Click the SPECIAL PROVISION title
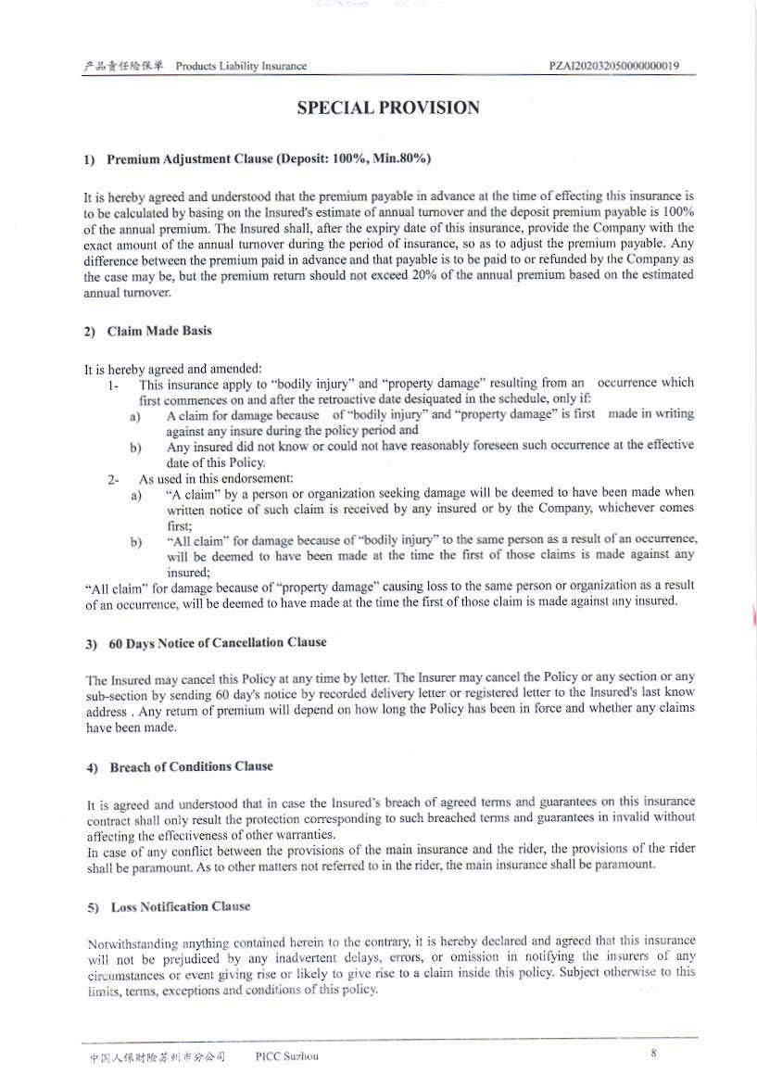[x=387, y=108]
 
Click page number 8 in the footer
[x=653, y=1054]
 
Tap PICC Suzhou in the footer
[x=286, y=1056]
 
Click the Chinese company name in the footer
[x=157, y=1056]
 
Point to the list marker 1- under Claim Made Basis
[x=113, y=383]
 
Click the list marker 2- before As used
[x=113, y=479]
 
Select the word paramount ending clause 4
[x=624, y=864]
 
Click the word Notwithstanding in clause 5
[x=132, y=942]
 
